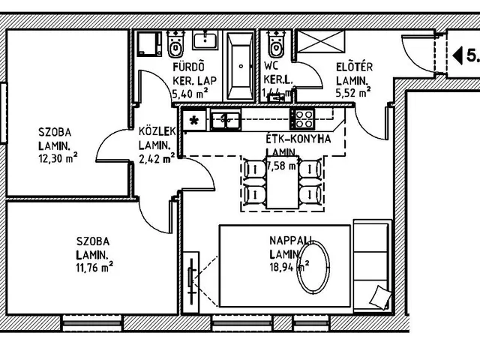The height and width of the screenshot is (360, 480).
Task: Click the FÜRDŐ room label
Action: [184, 65]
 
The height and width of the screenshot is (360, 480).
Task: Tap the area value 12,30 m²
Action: [58, 158]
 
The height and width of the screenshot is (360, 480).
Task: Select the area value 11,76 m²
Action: [94, 265]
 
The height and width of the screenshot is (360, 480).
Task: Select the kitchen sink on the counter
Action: [224, 118]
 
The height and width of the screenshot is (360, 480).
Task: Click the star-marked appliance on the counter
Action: [195, 118]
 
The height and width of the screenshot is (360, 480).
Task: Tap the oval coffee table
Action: [315, 269]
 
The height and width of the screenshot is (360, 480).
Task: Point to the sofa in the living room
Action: [372, 264]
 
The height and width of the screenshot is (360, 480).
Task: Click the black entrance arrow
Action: [456, 55]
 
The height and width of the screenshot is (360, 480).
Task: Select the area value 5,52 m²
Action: [353, 93]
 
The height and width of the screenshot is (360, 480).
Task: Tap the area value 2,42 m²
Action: [157, 158]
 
